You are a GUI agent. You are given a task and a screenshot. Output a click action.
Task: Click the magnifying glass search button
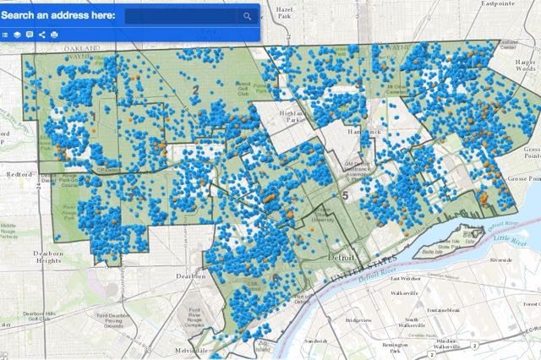[247, 16]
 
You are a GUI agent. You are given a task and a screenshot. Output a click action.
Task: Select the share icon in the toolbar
[41, 35]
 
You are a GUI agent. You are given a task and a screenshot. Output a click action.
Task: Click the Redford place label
[20, 172]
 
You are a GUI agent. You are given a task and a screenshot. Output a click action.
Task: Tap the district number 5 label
[344, 195]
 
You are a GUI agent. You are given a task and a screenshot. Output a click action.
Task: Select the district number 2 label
[194, 90]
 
